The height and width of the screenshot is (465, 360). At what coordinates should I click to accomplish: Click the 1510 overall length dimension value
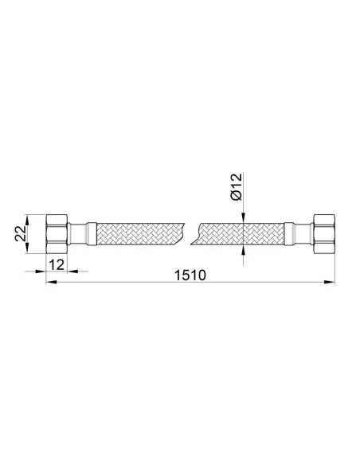190,275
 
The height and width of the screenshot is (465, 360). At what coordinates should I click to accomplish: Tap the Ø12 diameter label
237,187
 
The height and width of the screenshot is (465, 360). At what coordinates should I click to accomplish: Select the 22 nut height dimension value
21,233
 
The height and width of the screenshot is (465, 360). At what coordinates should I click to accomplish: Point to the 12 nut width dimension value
57,264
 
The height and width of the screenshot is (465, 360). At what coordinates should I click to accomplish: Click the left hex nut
57,233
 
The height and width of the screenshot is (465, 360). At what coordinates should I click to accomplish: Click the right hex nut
323,233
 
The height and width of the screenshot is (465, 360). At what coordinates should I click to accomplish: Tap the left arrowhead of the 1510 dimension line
51,283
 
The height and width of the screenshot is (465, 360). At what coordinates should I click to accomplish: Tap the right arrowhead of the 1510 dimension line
330,283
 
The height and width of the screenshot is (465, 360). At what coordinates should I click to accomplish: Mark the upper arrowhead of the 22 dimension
27,220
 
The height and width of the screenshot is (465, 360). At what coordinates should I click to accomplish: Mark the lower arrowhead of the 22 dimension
27,248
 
